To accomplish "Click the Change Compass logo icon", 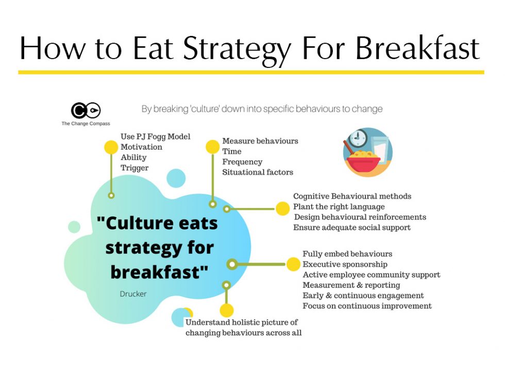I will tap(86, 110).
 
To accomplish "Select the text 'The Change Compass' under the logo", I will tap(86, 123).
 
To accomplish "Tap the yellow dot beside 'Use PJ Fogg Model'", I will tap(111, 147).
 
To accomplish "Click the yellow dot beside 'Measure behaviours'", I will tap(212, 147).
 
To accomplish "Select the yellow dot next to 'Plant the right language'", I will tap(282, 208).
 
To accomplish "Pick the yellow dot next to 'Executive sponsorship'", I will tap(293, 264).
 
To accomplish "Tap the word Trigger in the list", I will tap(134, 168).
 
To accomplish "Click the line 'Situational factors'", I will tap(258, 172).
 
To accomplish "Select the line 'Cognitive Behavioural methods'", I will tap(352, 196).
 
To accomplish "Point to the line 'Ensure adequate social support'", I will tap(352, 227).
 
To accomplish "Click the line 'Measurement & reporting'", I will tap(351, 285).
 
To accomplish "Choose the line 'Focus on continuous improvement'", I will tap(367, 306).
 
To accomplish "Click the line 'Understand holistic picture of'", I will tap(242, 322).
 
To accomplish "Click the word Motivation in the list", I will tap(141, 147).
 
